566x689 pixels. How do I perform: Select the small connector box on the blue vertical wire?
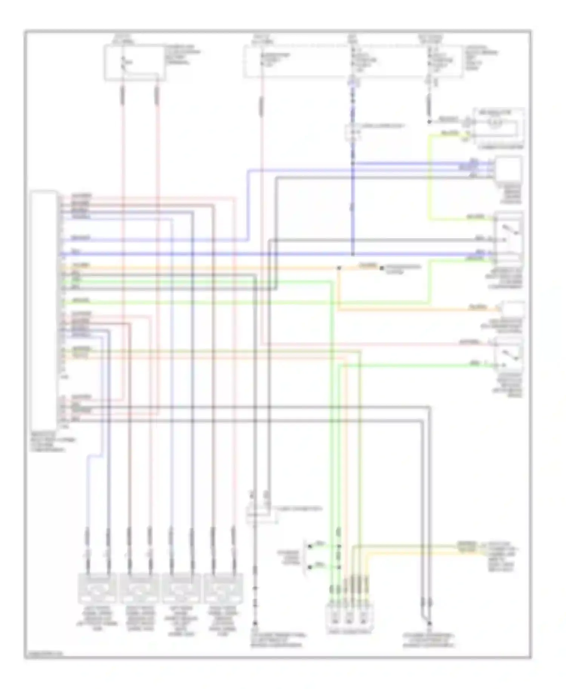click(352, 133)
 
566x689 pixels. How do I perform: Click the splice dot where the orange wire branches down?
click(338, 268)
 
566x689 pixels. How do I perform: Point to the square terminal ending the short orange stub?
click(381, 268)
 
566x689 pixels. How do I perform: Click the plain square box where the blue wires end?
click(509, 170)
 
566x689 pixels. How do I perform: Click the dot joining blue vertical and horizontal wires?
click(352, 254)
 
